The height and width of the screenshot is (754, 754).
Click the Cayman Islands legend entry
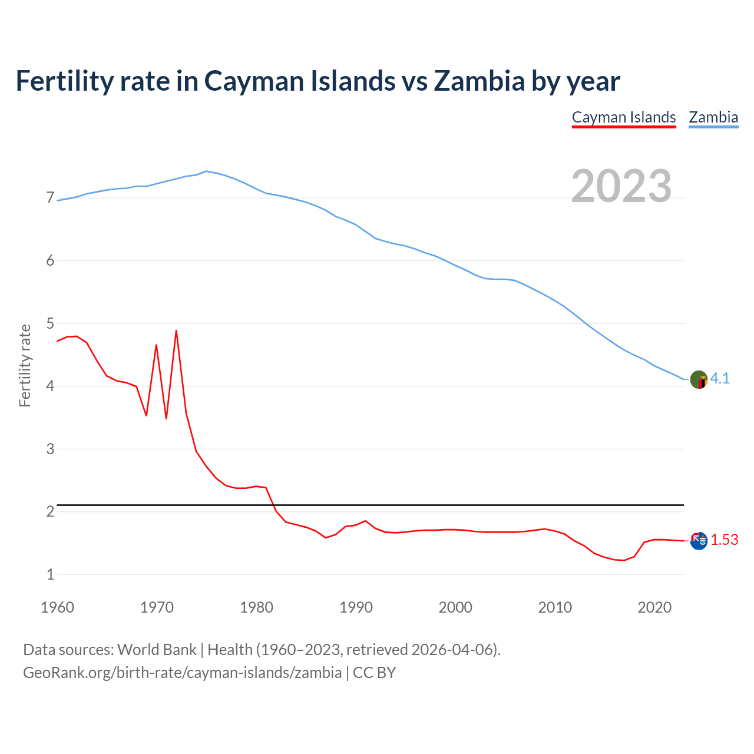point(624,117)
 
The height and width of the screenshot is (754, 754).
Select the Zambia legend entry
point(713,117)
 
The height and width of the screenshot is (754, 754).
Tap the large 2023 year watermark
point(621,186)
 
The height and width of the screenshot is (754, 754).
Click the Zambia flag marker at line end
point(699,379)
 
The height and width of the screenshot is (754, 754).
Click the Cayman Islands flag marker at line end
point(699,540)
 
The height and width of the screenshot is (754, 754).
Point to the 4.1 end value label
point(720,379)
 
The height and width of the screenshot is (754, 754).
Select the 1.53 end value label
point(724,540)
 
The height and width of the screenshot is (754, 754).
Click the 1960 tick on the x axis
point(57,607)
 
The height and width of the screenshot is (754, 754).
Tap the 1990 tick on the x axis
point(356,607)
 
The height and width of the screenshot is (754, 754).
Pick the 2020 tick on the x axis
point(654,607)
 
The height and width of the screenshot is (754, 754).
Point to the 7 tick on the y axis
point(50,198)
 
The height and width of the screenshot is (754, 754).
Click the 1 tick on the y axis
point(50,574)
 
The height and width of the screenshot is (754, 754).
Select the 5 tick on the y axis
point(50,323)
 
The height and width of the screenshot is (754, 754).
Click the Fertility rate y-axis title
point(25,365)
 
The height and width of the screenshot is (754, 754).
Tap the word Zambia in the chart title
point(478,81)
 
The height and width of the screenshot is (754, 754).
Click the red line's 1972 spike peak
point(176,331)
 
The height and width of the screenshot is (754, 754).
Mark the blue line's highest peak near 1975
point(206,171)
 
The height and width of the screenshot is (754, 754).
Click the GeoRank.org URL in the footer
point(182,673)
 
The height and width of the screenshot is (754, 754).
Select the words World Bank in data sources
point(157,650)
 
